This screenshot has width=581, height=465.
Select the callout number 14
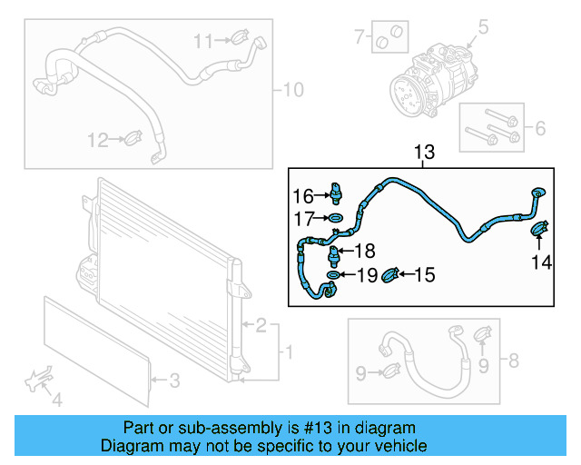pos(541,263)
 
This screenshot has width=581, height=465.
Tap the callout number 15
pos(425,274)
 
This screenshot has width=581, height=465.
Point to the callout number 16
pos(302,196)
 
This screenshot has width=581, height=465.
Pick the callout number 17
pos(302,219)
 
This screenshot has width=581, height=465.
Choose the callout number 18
pos(364,252)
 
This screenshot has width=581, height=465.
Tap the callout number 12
pos(98,140)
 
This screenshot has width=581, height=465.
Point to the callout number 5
pos(483,25)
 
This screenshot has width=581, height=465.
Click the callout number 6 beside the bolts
pos(540,129)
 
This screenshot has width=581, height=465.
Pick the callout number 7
pos(359,37)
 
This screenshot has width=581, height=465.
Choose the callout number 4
pos(56,399)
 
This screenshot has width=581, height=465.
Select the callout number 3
pos(176,379)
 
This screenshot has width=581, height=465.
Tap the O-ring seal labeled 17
pos(335,219)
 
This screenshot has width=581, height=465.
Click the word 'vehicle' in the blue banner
pos(400,446)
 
